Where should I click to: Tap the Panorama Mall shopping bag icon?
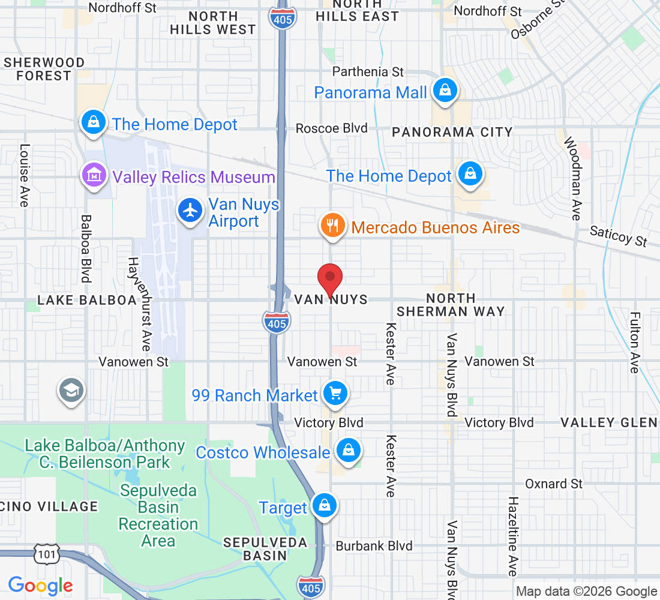pyautogui.click(x=445, y=91)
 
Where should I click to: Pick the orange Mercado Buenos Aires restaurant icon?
pyautogui.click(x=332, y=226)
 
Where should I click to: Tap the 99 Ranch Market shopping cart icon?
pyautogui.click(x=335, y=394)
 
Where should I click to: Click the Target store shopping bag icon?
pyautogui.click(x=324, y=506)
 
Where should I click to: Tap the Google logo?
pyautogui.click(x=41, y=586)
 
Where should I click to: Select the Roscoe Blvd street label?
pyautogui.click(x=331, y=128)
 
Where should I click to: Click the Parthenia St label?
pyautogui.click(x=368, y=71)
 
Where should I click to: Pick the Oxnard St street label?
pyautogui.click(x=554, y=484)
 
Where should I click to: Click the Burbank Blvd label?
pyautogui.click(x=374, y=546)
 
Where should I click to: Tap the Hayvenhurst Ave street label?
pyautogui.click(x=139, y=304)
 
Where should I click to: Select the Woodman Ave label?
pyautogui.click(x=575, y=178)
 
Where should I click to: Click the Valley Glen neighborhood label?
pyautogui.click(x=608, y=422)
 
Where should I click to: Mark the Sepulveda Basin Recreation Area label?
pyautogui.click(x=158, y=515)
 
